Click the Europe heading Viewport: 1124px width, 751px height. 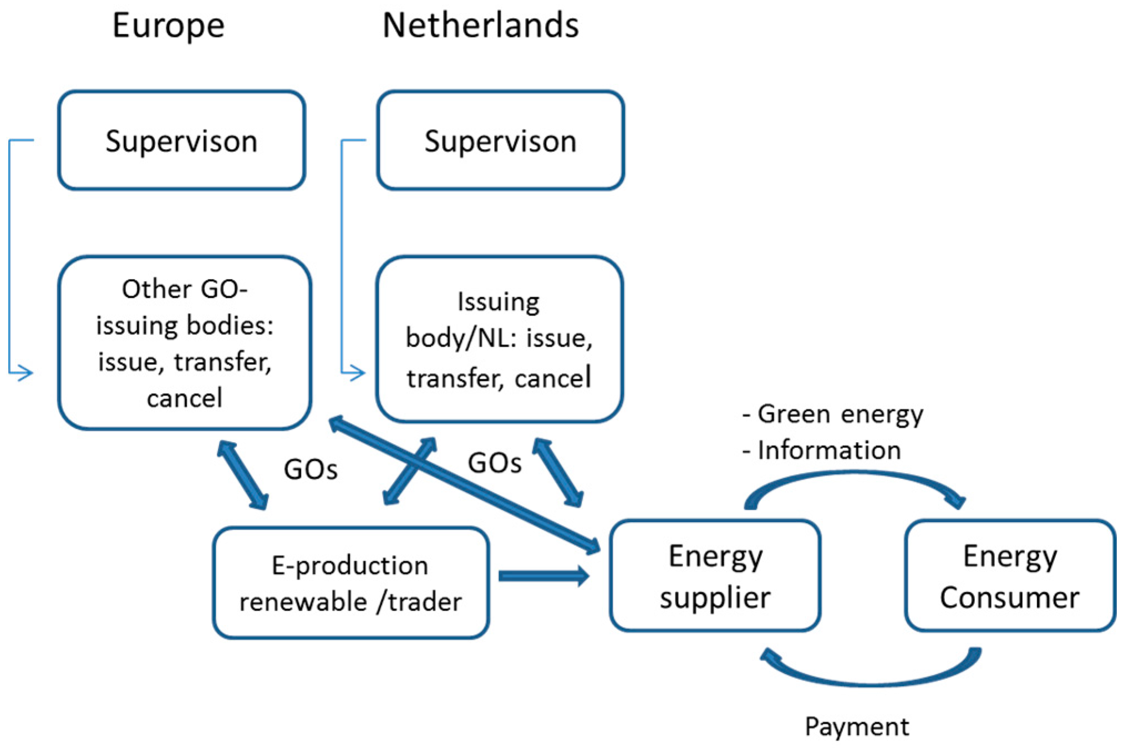(168, 26)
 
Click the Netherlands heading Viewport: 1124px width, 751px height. (480, 26)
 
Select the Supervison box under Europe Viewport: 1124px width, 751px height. (181, 140)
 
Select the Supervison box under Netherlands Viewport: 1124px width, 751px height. (500, 140)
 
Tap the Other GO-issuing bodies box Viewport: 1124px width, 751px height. (184, 342)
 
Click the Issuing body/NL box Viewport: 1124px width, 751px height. (499, 339)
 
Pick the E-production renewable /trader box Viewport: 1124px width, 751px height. (350, 582)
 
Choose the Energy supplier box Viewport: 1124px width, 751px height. (714, 576)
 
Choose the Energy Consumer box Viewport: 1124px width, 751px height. (1009, 576)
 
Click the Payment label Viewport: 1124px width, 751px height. (856, 726)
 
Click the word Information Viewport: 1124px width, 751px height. (828, 450)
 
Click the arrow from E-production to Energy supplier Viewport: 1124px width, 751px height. (543, 576)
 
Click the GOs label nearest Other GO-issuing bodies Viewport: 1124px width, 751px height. (310, 470)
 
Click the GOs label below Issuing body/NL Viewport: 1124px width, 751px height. (495, 463)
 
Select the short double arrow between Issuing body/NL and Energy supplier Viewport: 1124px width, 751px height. (557, 473)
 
